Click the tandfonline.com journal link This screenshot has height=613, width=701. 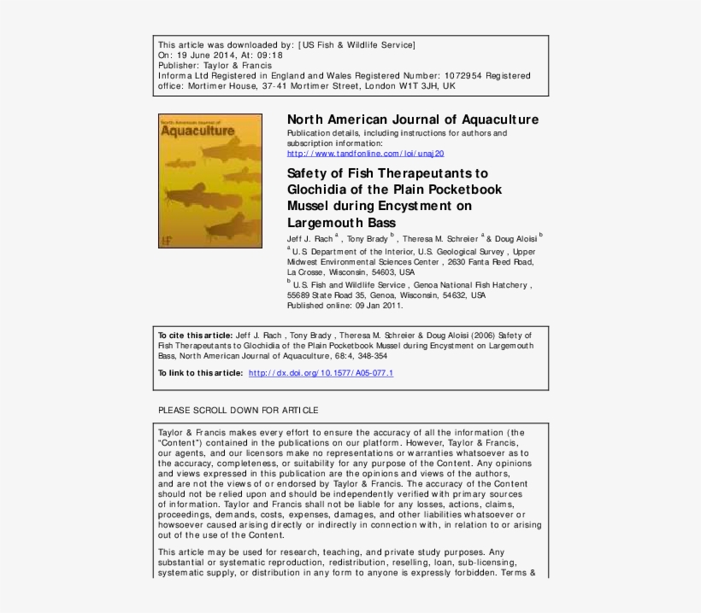(365, 154)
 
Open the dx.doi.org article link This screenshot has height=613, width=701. (321, 374)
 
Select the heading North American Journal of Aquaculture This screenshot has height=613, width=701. (413, 120)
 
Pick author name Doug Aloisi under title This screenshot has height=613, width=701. (515, 240)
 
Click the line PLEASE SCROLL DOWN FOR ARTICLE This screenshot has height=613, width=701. (239, 411)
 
